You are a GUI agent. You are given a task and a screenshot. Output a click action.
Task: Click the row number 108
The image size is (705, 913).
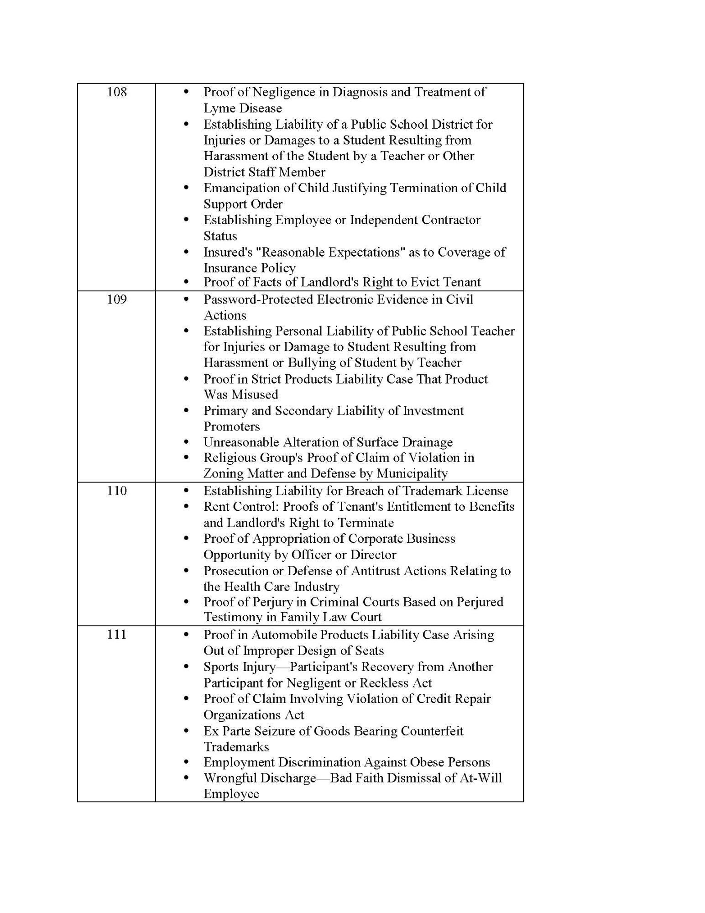point(116,92)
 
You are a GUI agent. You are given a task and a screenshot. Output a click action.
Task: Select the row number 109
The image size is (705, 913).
point(116,299)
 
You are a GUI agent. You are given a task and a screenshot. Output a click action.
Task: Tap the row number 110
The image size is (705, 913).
point(116,491)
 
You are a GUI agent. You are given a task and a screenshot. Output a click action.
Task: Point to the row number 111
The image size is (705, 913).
point(116,635)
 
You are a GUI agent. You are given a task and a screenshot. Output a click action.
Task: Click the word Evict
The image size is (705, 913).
point(426,282)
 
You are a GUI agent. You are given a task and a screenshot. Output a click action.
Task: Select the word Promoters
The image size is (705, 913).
point(231,426)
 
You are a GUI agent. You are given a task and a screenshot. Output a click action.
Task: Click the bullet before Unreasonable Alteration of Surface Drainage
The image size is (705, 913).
point(186,442)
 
